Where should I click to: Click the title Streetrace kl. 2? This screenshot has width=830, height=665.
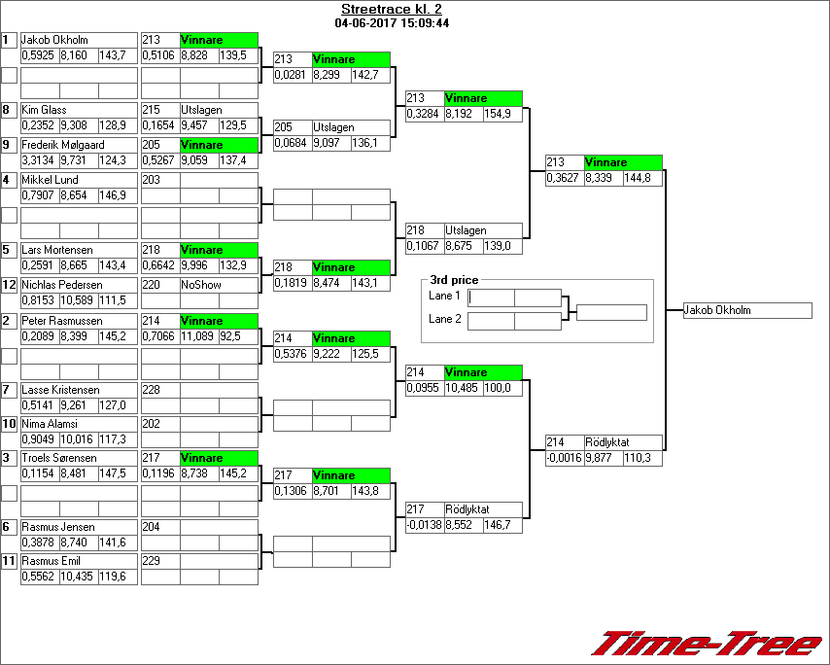coord(391,10)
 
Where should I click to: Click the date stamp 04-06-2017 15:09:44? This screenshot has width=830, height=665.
coord(391,22)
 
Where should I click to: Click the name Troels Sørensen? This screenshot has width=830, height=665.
coord(58,458)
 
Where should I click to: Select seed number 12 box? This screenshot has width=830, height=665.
coord(9,286)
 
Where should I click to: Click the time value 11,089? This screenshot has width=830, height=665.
coord(198,335)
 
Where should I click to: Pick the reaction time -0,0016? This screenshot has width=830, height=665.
coord(564,458)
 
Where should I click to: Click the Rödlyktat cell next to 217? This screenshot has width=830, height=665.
coord(467,509)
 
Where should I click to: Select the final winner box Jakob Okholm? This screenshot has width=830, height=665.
coord(746,311)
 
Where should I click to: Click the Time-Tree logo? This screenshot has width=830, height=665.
coord(708,644)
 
